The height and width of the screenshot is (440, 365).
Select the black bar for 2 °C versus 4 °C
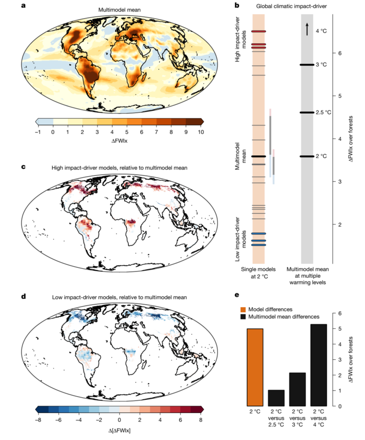(319, 365)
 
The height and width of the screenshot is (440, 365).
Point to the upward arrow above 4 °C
(307, 29)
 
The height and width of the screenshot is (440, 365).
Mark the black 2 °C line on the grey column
(307, 156)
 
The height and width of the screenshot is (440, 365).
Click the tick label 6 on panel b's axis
(340, 53)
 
